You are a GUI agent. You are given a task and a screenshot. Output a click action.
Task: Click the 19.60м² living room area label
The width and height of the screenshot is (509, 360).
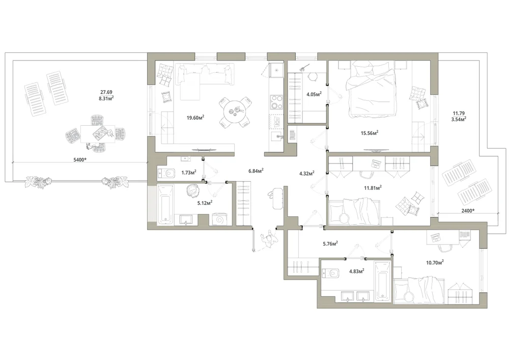point(195,118)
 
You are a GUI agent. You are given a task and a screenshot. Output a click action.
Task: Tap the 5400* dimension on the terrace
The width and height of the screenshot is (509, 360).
point(80,159)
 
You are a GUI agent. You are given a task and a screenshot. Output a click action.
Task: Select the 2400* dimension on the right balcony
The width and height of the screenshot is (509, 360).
point(468,211)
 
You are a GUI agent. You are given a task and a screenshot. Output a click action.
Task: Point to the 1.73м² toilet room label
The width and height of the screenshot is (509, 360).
point(189,173)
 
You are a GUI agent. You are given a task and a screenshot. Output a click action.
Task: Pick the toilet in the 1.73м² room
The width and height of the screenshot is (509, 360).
point(166,173)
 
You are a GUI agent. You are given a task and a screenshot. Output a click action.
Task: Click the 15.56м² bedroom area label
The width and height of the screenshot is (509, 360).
point(370,133)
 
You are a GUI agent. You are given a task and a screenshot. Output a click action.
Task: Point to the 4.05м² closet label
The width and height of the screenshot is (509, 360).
point(314,95)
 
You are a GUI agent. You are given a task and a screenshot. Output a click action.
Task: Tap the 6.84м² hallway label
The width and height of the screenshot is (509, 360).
point(256,171)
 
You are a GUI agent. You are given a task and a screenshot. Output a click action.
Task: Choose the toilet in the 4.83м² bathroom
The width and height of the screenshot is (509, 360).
point(330,273)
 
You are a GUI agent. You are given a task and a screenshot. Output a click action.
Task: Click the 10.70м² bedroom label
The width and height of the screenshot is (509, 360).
point(435,262)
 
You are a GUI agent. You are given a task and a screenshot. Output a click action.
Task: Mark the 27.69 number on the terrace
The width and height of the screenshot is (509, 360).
point(106,92)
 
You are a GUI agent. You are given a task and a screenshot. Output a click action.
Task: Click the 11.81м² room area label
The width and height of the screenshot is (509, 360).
point(373,187)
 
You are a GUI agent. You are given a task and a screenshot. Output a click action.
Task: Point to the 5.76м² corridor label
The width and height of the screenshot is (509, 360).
point(330,243)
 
